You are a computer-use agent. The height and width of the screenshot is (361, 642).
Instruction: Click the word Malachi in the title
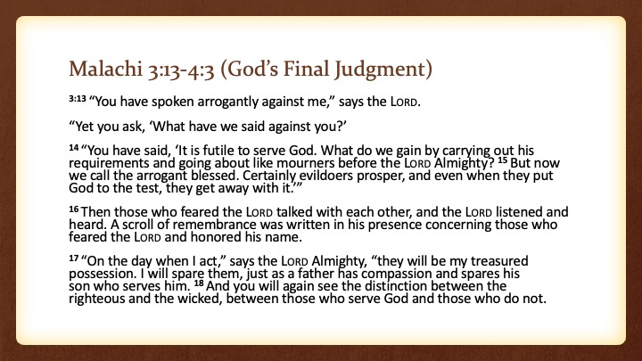105,69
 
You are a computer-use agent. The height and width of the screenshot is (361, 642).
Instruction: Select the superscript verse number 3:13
78,98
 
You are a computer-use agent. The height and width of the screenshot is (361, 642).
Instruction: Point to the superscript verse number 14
74,147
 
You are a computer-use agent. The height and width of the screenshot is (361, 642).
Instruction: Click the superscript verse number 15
502,160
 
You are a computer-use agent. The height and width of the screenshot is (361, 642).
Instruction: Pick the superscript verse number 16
74,209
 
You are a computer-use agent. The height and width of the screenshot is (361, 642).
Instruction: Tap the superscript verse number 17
74,258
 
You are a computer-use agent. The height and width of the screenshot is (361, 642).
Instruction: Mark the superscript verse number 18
199,283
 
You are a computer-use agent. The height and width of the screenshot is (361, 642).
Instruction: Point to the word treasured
499,261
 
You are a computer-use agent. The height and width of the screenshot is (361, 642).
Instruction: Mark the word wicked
200,299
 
